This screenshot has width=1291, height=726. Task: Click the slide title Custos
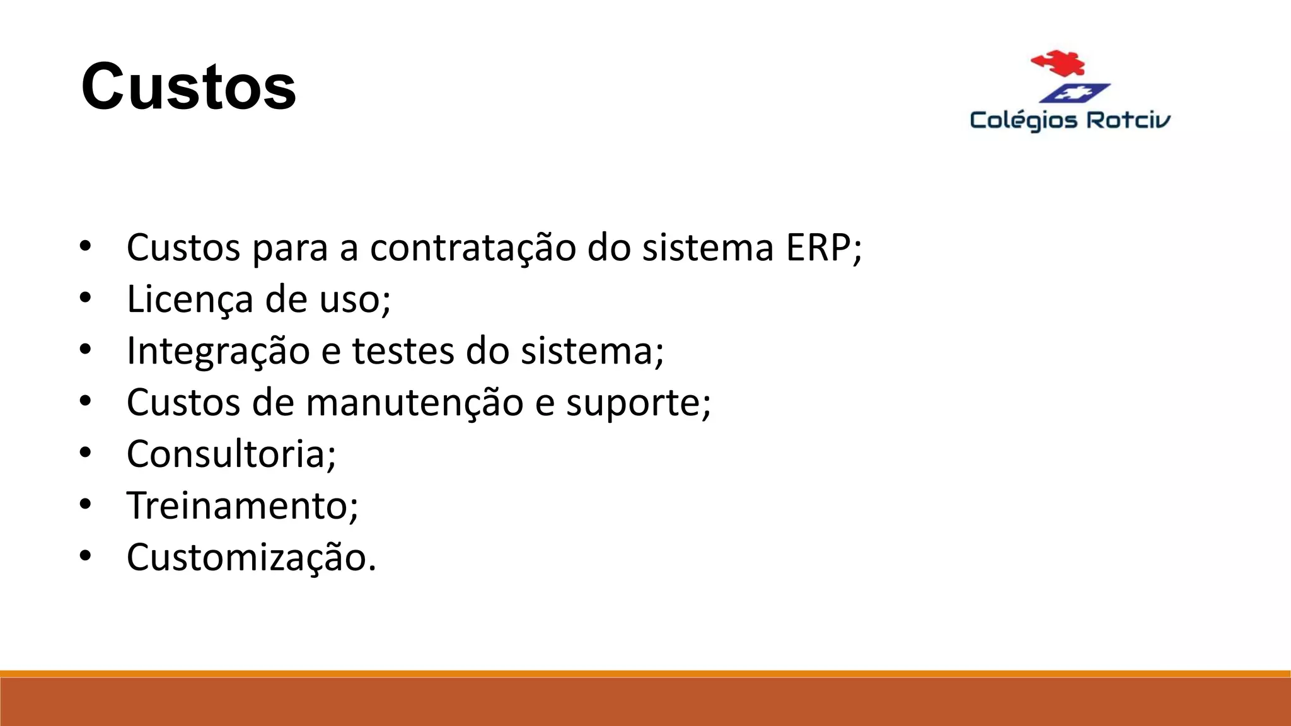tap(188, 87)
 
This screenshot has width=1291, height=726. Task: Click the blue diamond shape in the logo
tap(1074, 93)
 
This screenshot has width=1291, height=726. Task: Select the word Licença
tap(190, 299)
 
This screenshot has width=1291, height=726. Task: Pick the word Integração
tap(218, 351)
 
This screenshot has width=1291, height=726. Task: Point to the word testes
tap(403, 351)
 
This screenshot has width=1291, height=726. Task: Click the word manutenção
tap(414, 403)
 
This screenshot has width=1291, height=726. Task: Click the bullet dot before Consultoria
tap(86, 452)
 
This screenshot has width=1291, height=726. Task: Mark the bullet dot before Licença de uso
tap(86, 297)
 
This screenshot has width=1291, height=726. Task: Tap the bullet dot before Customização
tap(86, 556)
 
